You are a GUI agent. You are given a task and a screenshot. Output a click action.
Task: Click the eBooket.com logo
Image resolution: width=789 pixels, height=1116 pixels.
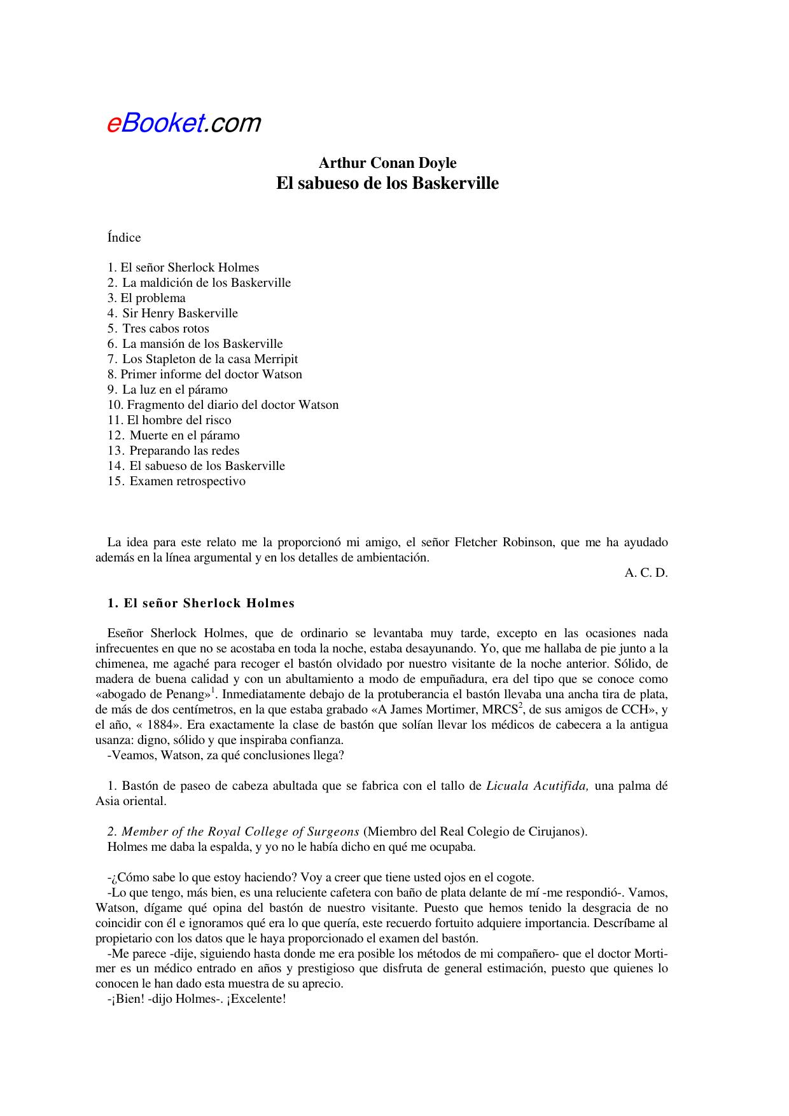(x=183, y=122)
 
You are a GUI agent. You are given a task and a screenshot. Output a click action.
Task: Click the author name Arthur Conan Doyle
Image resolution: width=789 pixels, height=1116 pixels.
(x=387, y=163)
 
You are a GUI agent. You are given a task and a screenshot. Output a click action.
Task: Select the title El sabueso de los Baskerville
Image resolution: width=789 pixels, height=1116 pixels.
(x=387, y=183)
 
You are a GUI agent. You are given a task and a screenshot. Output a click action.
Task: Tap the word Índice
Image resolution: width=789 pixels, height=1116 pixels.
(x=124, y=237)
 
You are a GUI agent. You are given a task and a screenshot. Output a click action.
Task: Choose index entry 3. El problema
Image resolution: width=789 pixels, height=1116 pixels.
(x=146, y=298)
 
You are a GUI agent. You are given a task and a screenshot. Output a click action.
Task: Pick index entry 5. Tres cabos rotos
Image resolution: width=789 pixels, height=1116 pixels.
(x=158, y=328)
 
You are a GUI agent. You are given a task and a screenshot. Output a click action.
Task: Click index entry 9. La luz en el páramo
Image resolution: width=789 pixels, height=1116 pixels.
(x=167, y=389)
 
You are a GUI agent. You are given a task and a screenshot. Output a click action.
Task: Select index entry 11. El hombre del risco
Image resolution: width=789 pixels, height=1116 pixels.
(x=169, y=420)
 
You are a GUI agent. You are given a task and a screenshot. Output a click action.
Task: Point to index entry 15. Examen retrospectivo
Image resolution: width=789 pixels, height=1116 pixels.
(x=176, y=481)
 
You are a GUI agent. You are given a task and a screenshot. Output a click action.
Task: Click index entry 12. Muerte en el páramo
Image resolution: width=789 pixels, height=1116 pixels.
(x=174, y=435)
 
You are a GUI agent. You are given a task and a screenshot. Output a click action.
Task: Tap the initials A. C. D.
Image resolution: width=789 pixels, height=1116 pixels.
(x=646, y=572)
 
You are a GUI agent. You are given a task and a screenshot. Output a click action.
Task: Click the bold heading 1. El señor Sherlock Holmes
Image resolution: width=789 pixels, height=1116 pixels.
(x=201, y=603)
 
